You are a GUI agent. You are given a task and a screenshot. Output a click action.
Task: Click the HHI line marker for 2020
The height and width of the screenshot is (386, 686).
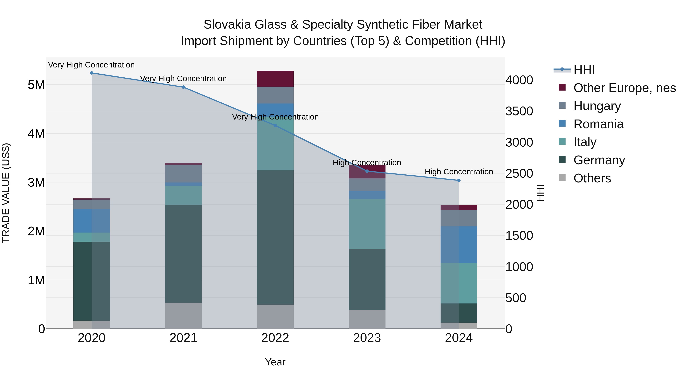coord(92,73)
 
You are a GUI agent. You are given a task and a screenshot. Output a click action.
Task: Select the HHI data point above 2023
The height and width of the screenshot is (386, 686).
coord(367,171)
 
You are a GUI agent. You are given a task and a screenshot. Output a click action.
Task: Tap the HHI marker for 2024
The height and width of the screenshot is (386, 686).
coord(459,180)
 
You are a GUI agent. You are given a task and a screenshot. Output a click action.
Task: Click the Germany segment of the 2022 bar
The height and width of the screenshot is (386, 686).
coord(275,237)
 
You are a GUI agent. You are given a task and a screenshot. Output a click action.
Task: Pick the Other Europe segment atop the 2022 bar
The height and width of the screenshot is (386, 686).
coord(275,79)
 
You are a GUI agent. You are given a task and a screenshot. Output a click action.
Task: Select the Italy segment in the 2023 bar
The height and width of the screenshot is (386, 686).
coord(367,224)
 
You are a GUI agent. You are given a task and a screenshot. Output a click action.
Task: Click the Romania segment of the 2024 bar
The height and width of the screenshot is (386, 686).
coord(459,245)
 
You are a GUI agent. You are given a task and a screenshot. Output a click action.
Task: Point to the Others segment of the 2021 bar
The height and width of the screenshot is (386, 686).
coord(183,316)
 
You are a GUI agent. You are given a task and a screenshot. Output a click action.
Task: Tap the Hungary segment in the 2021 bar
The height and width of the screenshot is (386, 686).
coord(183,173)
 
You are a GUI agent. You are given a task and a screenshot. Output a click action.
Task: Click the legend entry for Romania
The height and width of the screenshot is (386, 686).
coord(598,124)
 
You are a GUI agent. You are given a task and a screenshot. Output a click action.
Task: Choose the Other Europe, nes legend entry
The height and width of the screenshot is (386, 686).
coord(624,88)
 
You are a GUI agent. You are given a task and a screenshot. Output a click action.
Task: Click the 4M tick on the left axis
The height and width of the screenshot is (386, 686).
coord(36,134)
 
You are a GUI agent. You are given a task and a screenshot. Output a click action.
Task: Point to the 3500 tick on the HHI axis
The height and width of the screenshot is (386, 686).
coord(519,111)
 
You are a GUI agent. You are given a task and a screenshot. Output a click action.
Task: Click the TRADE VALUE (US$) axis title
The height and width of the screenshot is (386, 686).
coord(6,193)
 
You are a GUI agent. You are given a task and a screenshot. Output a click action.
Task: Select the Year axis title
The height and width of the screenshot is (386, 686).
coord(275,362)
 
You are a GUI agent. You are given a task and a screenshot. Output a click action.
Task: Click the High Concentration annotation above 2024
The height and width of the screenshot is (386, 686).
coord(459,172)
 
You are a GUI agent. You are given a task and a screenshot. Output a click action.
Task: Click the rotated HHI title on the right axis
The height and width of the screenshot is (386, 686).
coord(540,193)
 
